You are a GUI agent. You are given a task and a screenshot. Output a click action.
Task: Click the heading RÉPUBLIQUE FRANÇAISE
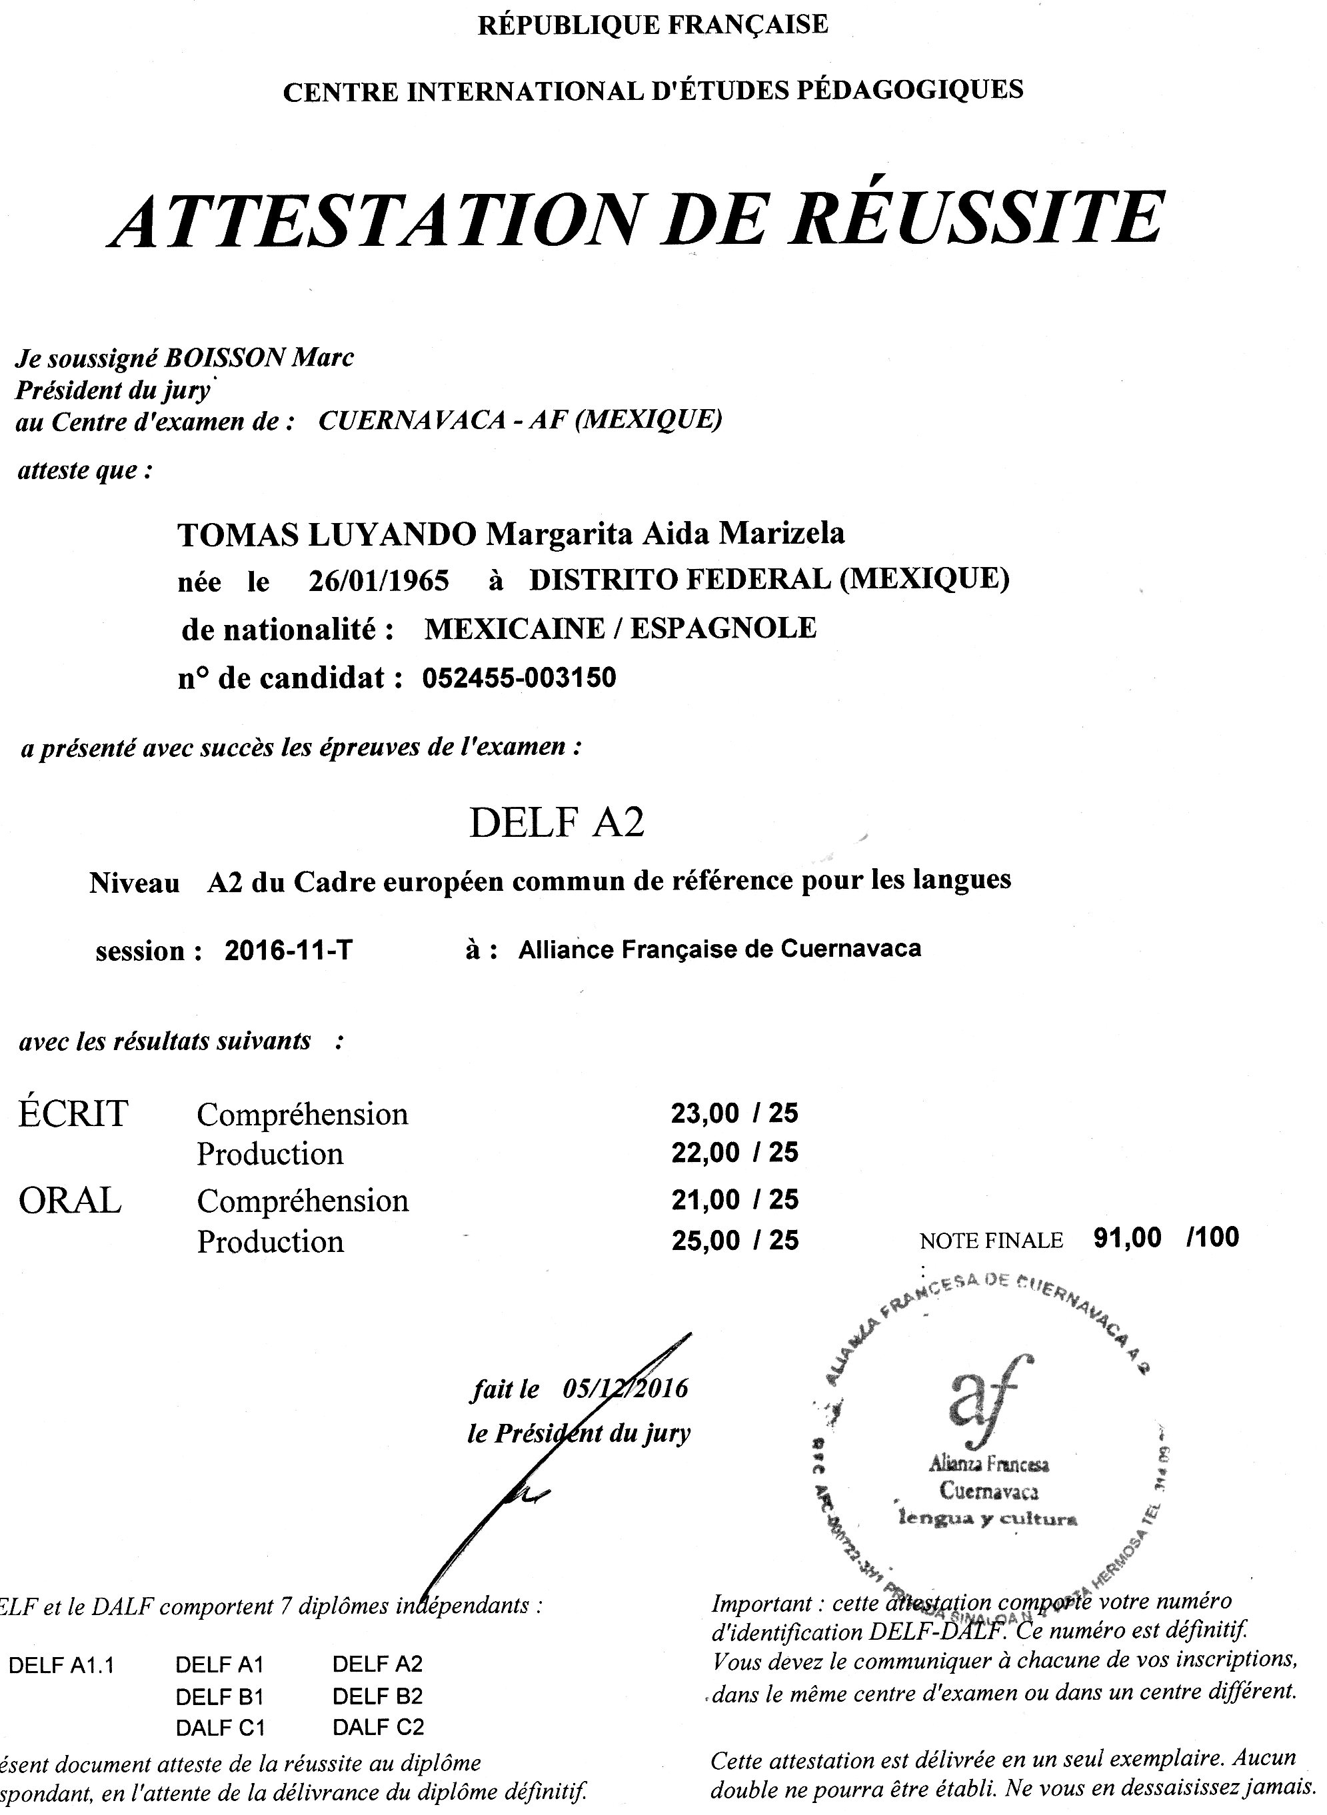tap(653, 25)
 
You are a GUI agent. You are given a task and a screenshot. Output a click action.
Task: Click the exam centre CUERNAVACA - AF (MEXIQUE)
tap(520, 420)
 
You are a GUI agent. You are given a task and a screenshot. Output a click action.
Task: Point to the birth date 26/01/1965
tap(379, 580)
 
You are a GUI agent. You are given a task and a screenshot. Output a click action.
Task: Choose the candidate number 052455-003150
tap(519, 678)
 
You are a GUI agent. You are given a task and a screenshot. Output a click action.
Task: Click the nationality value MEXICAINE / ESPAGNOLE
tap(620, 628)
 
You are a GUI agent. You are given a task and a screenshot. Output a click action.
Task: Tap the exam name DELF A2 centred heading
tap(557, 822)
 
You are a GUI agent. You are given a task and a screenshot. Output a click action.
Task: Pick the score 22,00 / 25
tap(734, 1153)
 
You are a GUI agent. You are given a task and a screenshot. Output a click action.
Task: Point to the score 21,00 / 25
tap(734, 1199)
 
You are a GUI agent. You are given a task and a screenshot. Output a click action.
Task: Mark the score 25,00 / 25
tap(734, 1240)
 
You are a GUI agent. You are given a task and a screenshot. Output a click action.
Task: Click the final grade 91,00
tap(1127, 1237)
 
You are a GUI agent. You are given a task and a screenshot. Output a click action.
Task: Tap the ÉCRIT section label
tap(72, 1114)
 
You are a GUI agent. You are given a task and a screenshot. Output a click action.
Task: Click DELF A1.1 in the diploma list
tap(61, 1665)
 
